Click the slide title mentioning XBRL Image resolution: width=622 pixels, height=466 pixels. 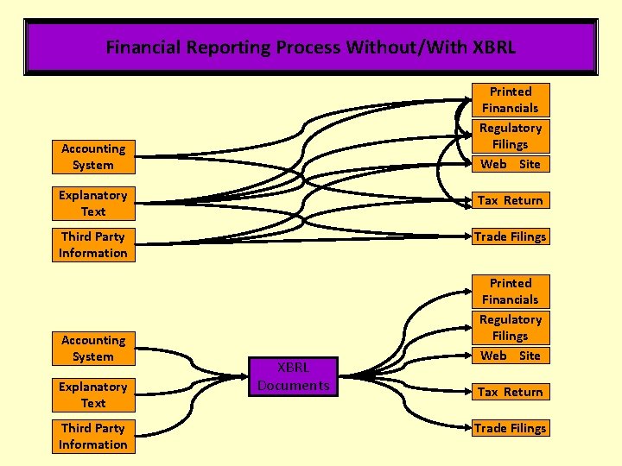[310, 47]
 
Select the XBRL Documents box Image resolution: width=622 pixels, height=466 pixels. [294, 376]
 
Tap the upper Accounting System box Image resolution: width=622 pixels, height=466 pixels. [93, 156]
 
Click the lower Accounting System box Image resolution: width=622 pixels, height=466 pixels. [93, 348]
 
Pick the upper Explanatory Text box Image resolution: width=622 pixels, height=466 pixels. [93, 203]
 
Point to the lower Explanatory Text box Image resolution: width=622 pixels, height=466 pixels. [93, 394]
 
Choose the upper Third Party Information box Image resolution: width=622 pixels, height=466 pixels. [93, 244]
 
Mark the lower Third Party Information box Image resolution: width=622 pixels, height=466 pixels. [93, 436]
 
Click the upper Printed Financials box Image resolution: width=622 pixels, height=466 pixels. [511, 99]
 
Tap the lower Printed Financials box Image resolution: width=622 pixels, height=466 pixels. [511, 291]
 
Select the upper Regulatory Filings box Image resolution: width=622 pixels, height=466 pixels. [511, 136]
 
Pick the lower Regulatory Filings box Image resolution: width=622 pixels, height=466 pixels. [511, 328]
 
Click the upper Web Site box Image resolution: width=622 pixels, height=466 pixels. [511, 164]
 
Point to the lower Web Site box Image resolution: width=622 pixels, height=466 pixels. [511, 356]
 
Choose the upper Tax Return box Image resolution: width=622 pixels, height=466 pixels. [511, 200]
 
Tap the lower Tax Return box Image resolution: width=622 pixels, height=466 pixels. [511, 392]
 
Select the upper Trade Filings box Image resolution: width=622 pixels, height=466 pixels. [511, 236]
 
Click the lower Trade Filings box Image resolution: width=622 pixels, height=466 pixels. [511, 428]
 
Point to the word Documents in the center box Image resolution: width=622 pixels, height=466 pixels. [294, 385]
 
